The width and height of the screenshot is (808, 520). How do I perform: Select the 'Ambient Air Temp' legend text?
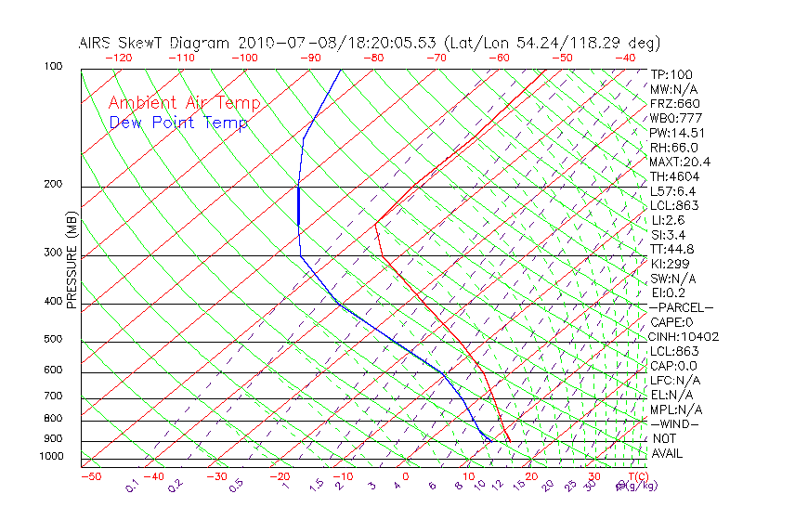point(184,103)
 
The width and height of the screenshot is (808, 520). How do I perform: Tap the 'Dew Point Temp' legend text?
point(178,123)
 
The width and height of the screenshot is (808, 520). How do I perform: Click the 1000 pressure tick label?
point(52,457)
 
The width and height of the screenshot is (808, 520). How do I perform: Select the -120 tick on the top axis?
point(118,58)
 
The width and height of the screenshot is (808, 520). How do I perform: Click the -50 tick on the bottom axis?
point(91,476)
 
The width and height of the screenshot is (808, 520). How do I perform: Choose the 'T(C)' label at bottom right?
point(636,476)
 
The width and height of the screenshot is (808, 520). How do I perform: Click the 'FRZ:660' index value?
point(675,103)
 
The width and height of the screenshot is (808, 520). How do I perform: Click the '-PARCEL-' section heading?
point(681,307)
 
